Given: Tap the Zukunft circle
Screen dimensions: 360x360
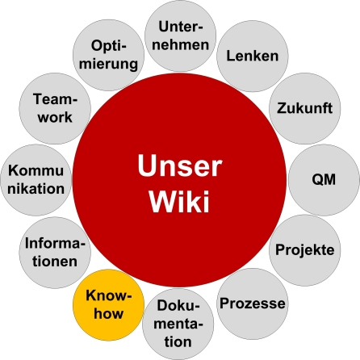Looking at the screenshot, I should click(x=304, y=108).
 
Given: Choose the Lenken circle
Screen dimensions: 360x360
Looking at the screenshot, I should click(x=253, y=56).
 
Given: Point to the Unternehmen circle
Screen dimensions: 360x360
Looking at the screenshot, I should click(x=179, y=34).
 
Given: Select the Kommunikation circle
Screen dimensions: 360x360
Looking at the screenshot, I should click(x=36, y=178).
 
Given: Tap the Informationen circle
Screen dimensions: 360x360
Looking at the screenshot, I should click(x=52, y=252).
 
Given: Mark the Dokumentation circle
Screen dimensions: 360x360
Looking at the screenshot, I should click(x=179, y=323).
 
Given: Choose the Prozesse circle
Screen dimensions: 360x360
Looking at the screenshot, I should click(x=253, y=303).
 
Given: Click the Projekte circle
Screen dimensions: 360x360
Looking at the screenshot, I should click(x=304, y=250).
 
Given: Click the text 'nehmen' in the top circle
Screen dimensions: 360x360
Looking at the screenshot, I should click(x=179, y=44).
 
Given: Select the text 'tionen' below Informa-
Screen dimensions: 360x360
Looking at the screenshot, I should click(x=52, y=261).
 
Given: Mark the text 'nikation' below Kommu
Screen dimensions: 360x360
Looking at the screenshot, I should click(x=36, y=188).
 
